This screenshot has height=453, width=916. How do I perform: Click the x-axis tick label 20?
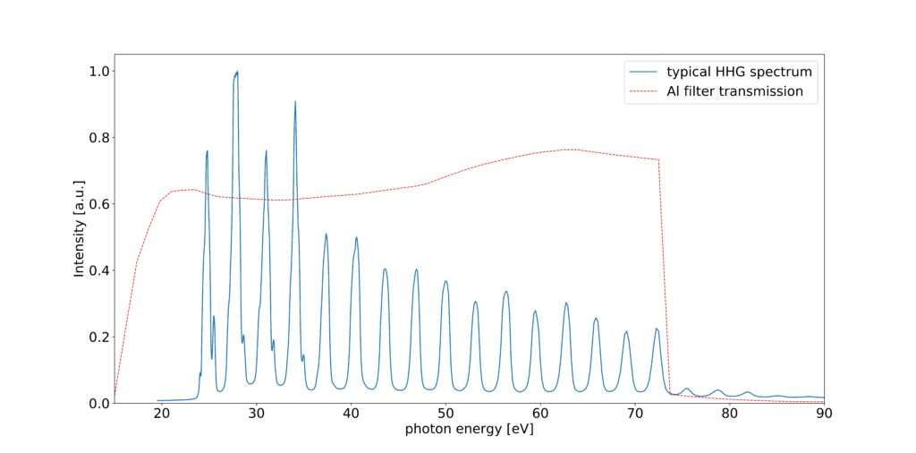click(162, 415)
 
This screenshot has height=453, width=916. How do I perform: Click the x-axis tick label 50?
click(445, 415)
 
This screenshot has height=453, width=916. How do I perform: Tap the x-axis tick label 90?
click(823, 415)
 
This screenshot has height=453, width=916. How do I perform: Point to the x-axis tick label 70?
click(634, 415)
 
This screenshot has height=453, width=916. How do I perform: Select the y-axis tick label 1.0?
click(97, 72)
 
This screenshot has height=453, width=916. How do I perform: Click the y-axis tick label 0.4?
click(97, 270)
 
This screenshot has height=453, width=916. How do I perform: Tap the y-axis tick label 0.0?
click(97, 403)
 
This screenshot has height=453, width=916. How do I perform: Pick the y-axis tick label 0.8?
click(97, 138)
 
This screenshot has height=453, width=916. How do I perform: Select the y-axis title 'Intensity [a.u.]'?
click(79, 228)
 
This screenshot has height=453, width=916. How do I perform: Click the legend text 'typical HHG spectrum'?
click(740, 71)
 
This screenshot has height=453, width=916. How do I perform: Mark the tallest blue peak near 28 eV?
click(237, 72)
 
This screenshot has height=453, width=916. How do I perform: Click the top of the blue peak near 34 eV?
click(295, 102)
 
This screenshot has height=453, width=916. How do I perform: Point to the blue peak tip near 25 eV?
click(208, 151)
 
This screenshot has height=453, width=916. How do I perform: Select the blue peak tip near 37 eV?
click(326, 234)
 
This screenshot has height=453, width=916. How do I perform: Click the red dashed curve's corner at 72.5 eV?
click(659, 160)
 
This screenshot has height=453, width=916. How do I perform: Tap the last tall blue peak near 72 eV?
click(656, 329)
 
